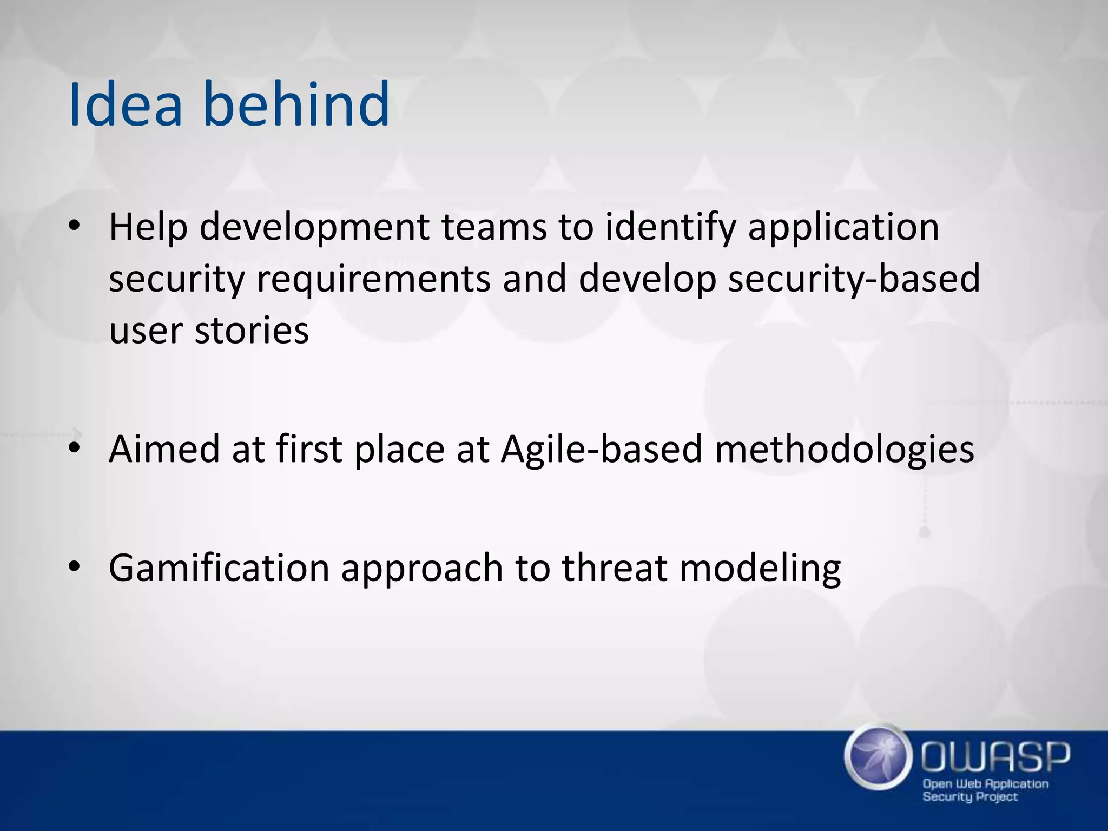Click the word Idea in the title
126,104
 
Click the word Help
148,227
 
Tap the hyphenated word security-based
854,279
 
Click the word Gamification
219,568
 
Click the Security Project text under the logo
970,797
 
